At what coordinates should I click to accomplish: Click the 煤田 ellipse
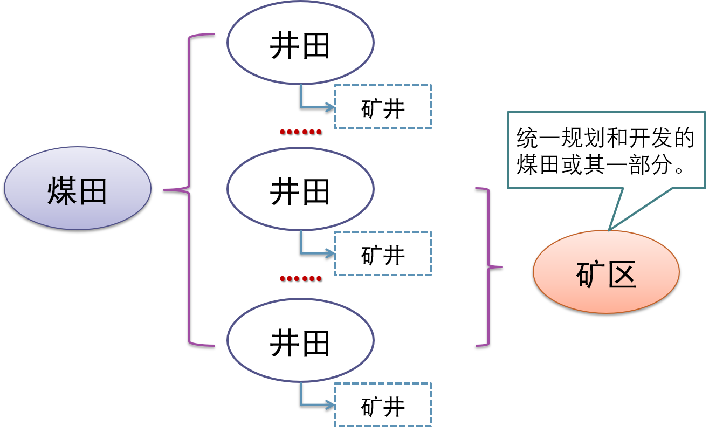pyautogui.click(x=78, y=189)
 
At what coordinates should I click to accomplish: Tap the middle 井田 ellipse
pyautogui.click(x=300, y=190)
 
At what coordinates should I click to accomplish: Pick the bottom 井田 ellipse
pyautogui.click(x=300, y=341)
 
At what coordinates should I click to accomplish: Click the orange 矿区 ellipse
pyautogui.click(x=606, y=272)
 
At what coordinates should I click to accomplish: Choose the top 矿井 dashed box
pyautogui.click(x=383, y=107)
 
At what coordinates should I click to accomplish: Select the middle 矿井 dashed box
pyautogui.click(x=383, y=253)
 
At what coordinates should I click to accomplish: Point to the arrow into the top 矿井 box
pyautogui.click(x=318, y=106)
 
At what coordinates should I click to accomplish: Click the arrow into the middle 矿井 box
pyautogui.click(x=318, y=252)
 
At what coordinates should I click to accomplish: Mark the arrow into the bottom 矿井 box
pyautogui.click(x=318, y=404)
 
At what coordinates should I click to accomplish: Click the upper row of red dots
pyautogui.click(x=300, y=132)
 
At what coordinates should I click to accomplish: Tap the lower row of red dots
pyautogui.click(x=300, y=278)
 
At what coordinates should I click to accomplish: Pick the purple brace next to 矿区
pyautogui.click(x=488, y=266)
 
